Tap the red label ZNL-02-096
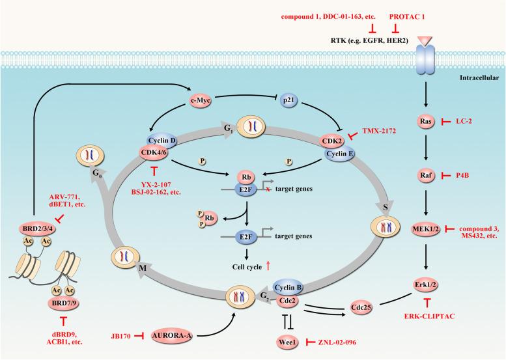click(341, 341)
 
